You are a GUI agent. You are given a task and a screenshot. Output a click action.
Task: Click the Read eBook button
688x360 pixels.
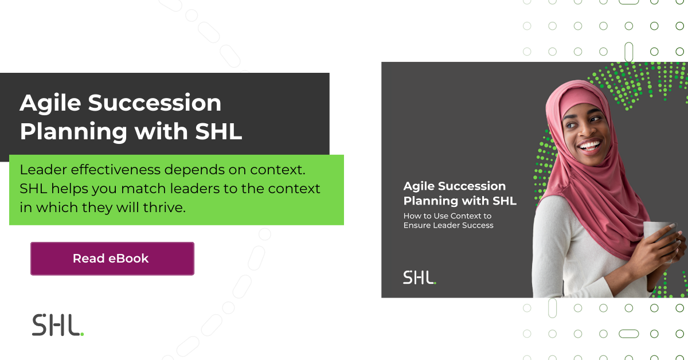pyautogui.click(x=112, y=259)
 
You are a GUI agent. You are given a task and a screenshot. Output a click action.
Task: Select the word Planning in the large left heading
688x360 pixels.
pyautogui.click(x=73, y=131)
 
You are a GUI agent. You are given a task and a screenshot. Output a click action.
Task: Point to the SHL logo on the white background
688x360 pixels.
pyautogui.click(x=57, y=325)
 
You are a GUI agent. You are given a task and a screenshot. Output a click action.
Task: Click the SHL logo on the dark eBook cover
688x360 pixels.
pyautogui.click(x=419, y=277)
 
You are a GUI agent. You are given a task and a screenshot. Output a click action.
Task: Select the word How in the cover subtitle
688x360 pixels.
pyautogui.click(x=412, y=216)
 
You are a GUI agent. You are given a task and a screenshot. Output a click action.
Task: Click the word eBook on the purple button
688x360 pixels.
pyautogui.click(x=128, y=259)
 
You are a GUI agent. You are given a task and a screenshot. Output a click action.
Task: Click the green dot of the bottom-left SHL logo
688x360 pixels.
pyautogui.click(x=82, y=334)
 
